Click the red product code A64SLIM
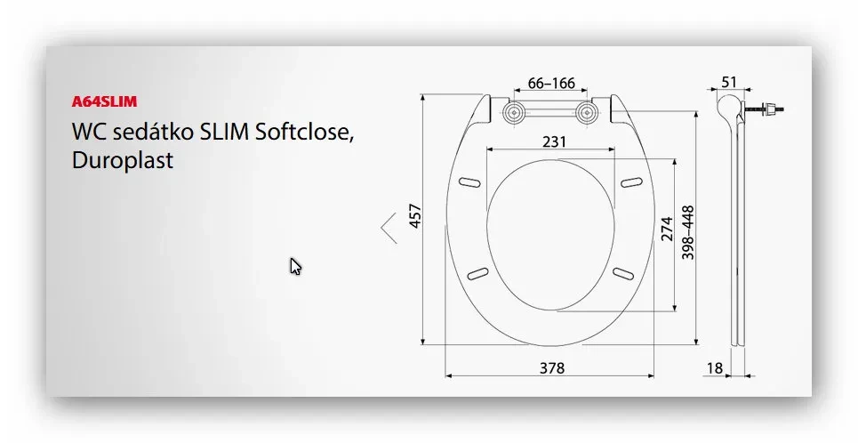(x=105, y=101)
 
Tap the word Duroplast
(x=123, y=160)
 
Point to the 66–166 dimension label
(x=551, y=84)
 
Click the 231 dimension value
(x=554, y=141)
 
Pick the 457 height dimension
(x=416, y=216)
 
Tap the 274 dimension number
(x=667, y=229)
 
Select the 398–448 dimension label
(x=688, y=232)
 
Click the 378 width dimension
(x=551, y=368)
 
